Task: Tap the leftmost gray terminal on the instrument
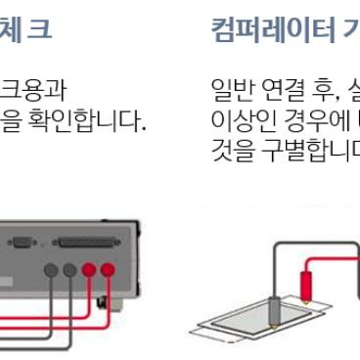pyautogui.click(x=49, y=270)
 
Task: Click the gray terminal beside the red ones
pyautogui.click(x=69, y=270)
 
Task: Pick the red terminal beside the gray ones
pyautogui.click(x=89, y=270)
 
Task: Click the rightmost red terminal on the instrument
pyautogui.click(x=108, y=270)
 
